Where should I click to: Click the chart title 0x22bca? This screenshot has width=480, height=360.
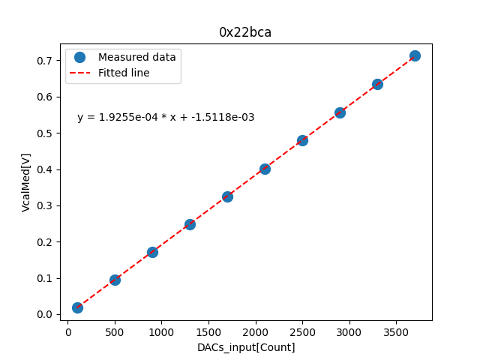point(245,32)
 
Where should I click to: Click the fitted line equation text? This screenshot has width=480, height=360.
point(166,118)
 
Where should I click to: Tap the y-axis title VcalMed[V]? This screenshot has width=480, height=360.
point(26,182)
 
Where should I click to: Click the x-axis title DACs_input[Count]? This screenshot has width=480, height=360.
point(246,347)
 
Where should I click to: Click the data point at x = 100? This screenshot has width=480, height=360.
point(77,307)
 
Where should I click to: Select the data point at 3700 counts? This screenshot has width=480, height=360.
point(415,55)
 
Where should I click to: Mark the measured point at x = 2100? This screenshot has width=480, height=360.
point(265,169)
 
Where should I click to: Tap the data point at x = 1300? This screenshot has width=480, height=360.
point(190,224)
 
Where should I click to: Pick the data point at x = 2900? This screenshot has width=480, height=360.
point(340,112)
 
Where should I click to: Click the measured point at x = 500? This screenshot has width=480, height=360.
point(115,280)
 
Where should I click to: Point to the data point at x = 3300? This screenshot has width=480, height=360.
point(377,84)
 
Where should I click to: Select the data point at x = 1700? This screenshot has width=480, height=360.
point(227,196)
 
